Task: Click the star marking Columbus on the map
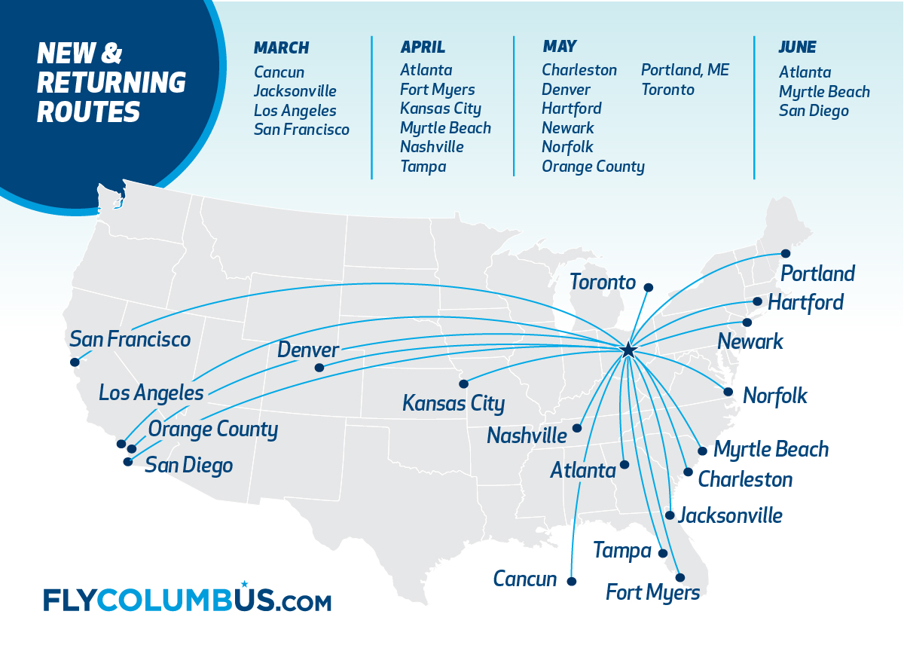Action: point(628,350)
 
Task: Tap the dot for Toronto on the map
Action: point(649,287)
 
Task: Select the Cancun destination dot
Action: point(572,581)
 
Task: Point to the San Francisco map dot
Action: point(74,362)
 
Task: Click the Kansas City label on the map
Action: point(454,403)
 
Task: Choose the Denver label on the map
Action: point(308,350)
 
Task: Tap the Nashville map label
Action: point(527,436)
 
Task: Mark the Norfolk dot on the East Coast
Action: point(728,392)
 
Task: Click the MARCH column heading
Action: point(282,47)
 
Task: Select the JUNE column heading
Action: point(798,47)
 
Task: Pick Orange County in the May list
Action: point(593,167)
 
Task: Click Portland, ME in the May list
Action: point(685,70)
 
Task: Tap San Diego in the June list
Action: point(814,111)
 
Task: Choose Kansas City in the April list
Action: point(441,108)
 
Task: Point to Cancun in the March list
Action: point(279,72)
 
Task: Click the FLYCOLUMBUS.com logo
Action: point(187,600)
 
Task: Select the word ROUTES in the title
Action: point(88,112)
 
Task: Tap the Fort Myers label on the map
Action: point(652,592)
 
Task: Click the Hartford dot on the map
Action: point(758,301)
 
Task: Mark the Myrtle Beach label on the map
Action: point(771,450)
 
